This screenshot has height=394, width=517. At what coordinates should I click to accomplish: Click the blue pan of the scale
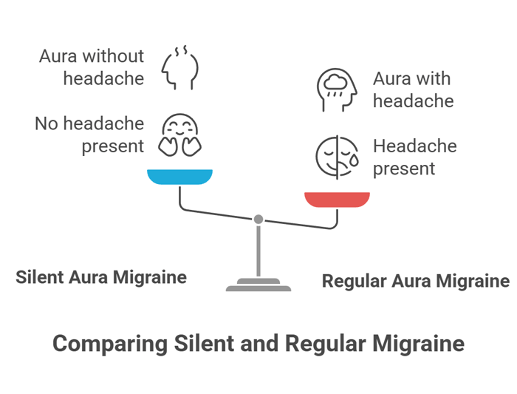coord(179,177)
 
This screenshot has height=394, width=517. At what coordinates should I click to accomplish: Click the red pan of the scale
coord(338,199)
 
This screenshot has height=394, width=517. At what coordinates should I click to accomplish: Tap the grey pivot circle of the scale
coord(258,219)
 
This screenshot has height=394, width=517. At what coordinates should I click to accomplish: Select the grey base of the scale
coord(258,286)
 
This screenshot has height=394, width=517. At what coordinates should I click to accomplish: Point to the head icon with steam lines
coord(179,67)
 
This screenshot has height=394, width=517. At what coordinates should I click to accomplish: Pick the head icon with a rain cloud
coord(337,89)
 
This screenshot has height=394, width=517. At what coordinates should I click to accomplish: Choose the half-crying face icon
coord(337,157)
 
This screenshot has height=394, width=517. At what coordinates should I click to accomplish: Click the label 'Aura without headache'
coord(92,67)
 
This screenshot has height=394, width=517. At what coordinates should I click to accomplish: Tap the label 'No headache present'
coord(89,135)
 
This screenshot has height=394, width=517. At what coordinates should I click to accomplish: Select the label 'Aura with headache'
coord(412,89)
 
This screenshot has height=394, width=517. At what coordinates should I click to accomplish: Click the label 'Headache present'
coord(414,157)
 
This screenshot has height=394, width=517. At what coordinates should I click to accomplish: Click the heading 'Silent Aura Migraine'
coord(101,277)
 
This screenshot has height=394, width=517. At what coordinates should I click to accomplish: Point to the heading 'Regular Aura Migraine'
coord(416,281)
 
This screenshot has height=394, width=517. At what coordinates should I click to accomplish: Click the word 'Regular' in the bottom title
coord(318,344)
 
